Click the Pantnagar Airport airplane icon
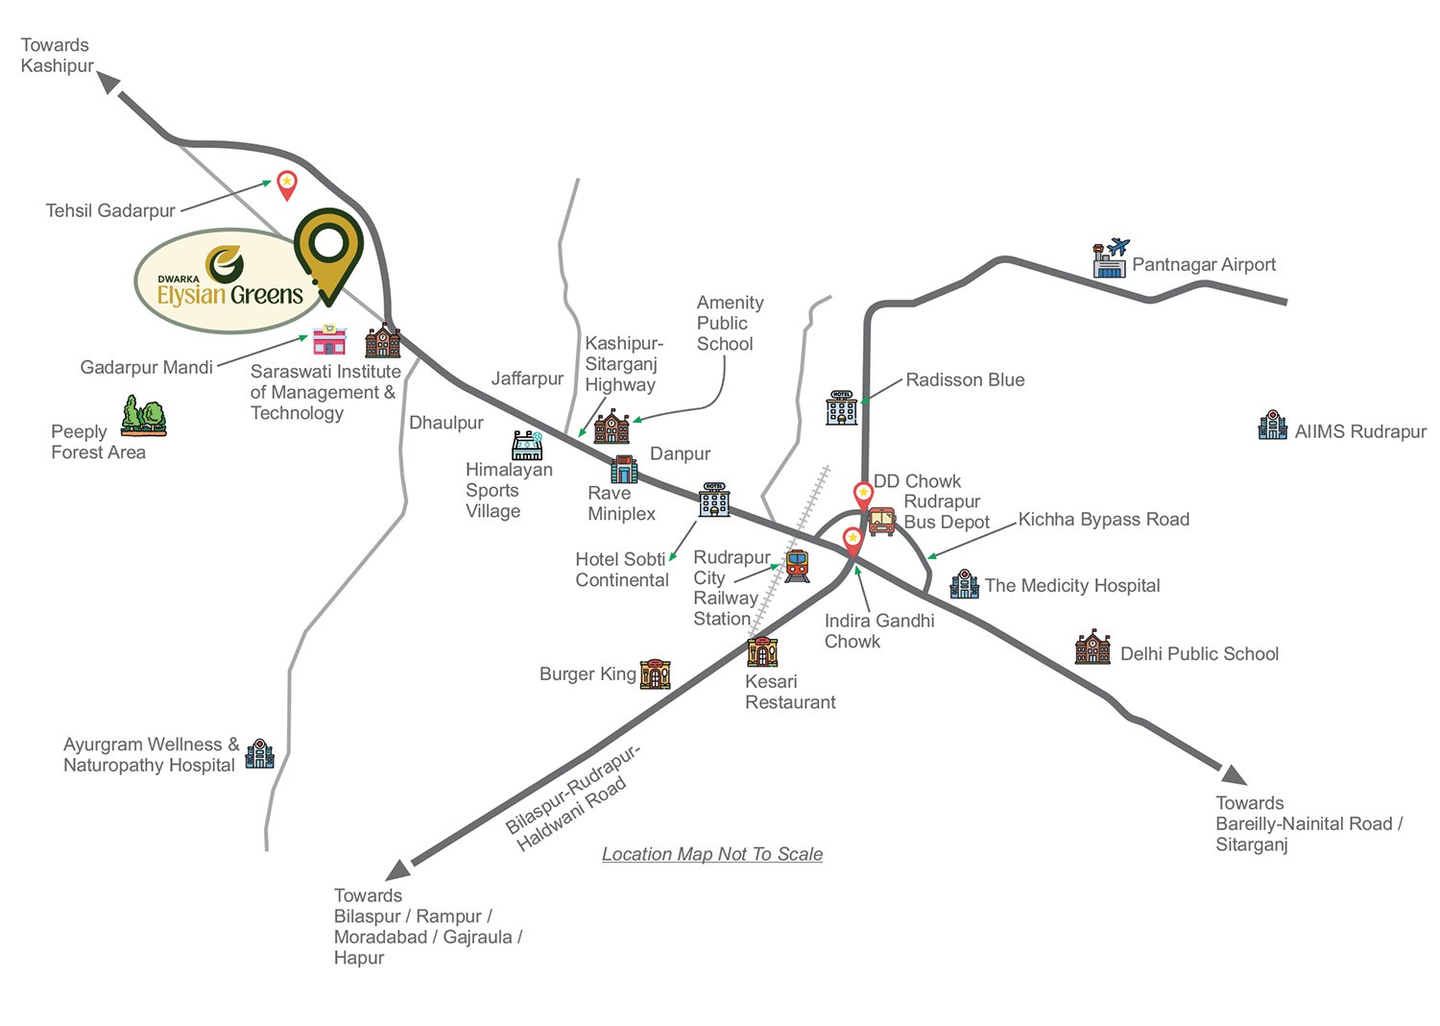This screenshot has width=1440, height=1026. (x=1111, y=258)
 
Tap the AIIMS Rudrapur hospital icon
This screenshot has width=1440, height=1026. (x=1272, y=426)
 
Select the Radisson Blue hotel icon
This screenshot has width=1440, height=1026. (x=841, y=407)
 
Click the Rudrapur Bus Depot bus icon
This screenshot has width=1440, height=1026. (x=881, y=521)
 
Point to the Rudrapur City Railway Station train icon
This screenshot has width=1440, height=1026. (x=797, y=566)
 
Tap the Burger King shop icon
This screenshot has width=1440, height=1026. (x=655, y=673)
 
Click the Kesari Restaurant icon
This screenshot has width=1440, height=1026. (x=762, y=652)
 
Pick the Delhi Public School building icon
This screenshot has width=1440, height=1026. (x=1092, y=648)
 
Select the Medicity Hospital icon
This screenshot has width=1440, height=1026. (x=964, y=583)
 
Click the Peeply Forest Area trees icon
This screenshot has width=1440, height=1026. (x=143, y=416)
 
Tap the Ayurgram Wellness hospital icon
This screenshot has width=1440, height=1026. (x=259, y=753)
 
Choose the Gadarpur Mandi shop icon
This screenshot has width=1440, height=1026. (x=329, y=339)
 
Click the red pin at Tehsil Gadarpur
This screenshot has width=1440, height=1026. (x=286, y=184)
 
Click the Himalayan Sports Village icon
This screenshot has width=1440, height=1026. (x=527, y=445)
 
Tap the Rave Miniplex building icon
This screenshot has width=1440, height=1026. (x=624, y=469)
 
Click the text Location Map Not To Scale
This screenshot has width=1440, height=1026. (x=711, y=854)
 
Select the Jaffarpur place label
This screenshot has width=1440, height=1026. (x=527, y=379)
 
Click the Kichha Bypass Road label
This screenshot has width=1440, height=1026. (x=1103, y=520)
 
